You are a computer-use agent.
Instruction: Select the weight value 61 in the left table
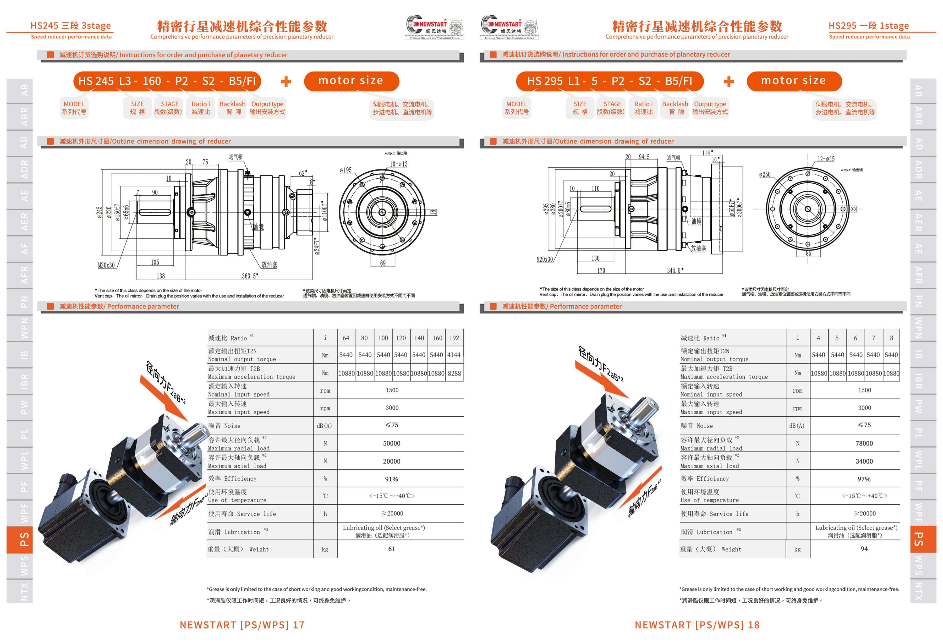tap(392, 549)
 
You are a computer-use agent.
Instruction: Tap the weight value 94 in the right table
tap(864, 549)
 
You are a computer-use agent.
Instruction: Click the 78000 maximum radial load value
tap(864, 444)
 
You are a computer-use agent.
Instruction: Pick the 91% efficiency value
tap(392, 479)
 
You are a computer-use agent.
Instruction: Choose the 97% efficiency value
tap(864, 479)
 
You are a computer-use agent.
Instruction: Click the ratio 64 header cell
tap(346, 338)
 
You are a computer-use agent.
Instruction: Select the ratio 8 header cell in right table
tap(891, 338)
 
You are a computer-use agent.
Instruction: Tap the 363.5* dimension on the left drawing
tap(250, 276)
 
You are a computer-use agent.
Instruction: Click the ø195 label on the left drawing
tap(346, 170)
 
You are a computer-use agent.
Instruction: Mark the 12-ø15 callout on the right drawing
tap(826, 159)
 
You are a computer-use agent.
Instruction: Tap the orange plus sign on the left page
tap(286, 81)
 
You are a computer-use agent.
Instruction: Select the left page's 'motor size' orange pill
tap(351, 81)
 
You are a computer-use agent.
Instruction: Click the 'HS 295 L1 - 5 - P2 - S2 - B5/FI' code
tap(610, 81)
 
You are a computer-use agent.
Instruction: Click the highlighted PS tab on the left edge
tap(19, 540)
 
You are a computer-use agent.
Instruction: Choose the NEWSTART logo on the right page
tap(510, 27)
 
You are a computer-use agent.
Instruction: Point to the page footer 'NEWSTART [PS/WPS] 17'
tap(242, 625)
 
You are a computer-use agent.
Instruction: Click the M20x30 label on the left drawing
tap(106, 265)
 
